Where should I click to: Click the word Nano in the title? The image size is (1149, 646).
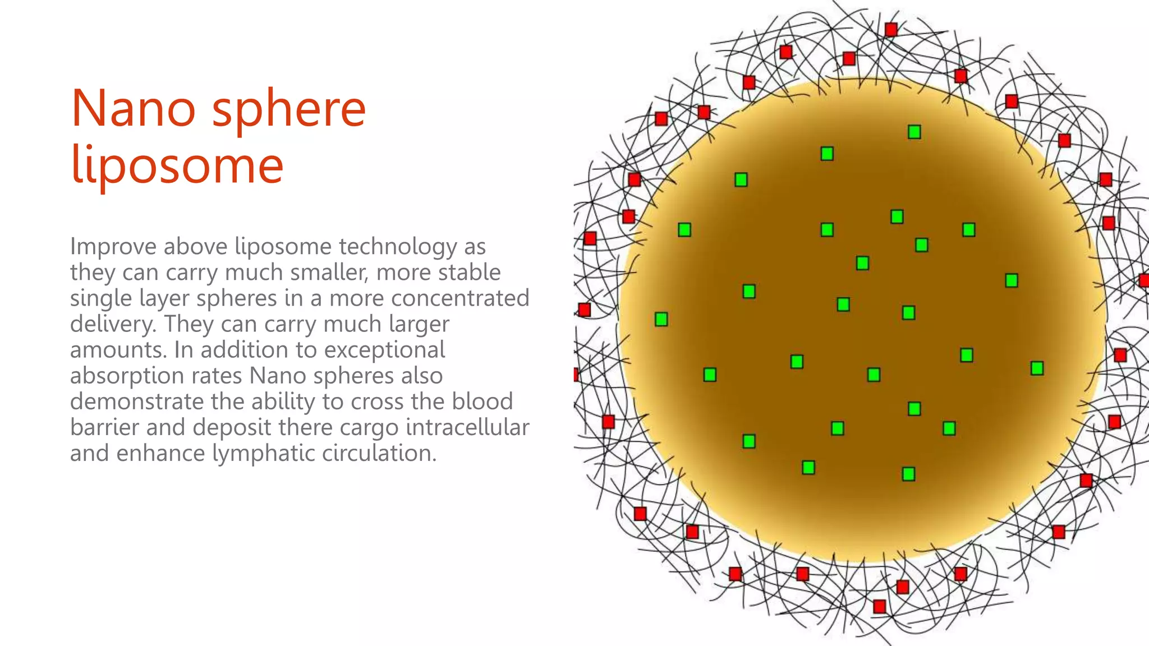(x=134, y=109)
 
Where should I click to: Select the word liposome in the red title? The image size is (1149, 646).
(x=177, y=165)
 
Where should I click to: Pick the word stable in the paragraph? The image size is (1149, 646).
(x=470, y=273)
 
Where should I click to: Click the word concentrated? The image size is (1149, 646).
(x=460, y=298)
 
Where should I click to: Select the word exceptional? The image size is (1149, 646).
(x=384, y=350)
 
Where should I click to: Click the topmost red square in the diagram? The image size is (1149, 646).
(x=891, y=29)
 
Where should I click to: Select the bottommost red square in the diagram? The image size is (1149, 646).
(x=880, y=606)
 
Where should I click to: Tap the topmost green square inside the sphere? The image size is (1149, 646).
(x=914, y=132)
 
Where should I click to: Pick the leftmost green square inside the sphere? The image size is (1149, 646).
(x=661, y=319)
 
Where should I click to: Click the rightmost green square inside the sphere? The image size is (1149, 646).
(x=1037, y=368)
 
